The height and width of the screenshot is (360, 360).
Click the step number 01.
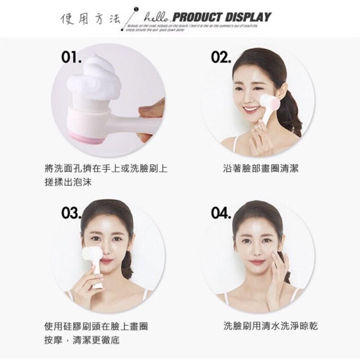72,58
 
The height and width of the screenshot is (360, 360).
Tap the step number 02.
221,58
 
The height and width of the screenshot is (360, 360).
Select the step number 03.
72,212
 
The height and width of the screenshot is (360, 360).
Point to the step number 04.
221,212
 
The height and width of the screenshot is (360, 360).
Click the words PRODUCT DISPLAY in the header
222,18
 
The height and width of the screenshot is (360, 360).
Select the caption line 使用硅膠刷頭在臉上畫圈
97,326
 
